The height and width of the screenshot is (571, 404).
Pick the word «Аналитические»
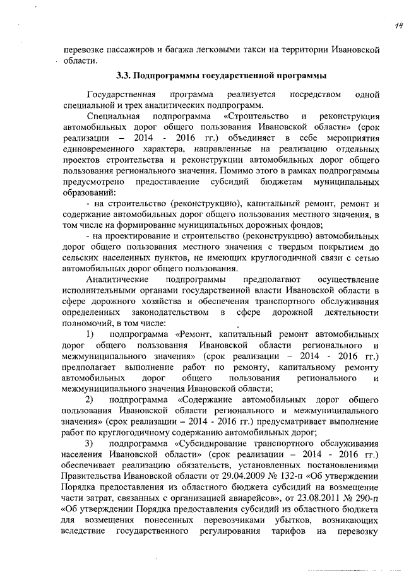tap(116, 278)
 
